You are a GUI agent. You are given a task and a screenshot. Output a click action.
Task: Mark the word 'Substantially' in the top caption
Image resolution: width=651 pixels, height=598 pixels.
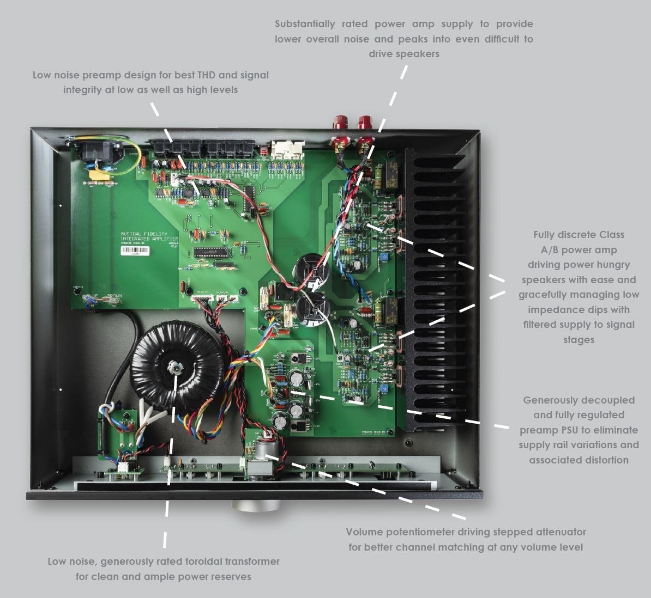[305, 24]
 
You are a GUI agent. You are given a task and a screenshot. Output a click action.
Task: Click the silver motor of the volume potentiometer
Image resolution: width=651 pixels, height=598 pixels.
[266, 451]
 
